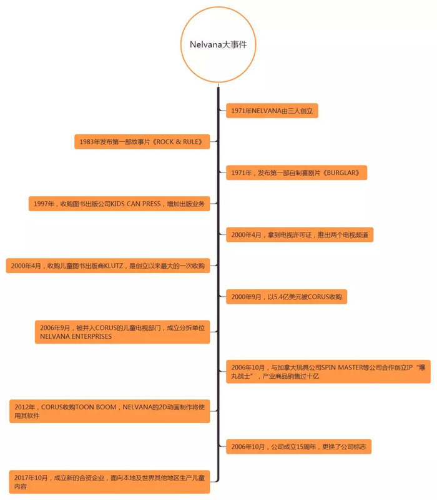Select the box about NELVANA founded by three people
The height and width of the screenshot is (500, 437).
[272, 111]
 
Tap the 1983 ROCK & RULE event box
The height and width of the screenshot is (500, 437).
[142, 142]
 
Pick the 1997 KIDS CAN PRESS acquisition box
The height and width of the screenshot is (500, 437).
[119, 204]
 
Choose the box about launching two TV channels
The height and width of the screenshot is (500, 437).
[300, 235]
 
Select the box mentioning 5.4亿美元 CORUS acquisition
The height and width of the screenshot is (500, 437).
[287, 296]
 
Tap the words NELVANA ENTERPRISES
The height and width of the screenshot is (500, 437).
[76, 336]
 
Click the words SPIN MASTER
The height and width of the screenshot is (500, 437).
[341, 367]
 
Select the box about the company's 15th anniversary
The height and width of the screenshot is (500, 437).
[298, 446]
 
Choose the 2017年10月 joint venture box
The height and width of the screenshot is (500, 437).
[110, 482]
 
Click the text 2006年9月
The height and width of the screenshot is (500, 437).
[55, 327]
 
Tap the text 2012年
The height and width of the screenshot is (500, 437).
[24, 407]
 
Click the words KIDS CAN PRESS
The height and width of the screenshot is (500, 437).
[135, 204]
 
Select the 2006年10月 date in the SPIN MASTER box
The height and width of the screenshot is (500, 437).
[248, 367]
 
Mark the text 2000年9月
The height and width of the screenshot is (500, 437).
[246, 296]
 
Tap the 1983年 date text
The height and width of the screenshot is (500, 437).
[89, 142]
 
